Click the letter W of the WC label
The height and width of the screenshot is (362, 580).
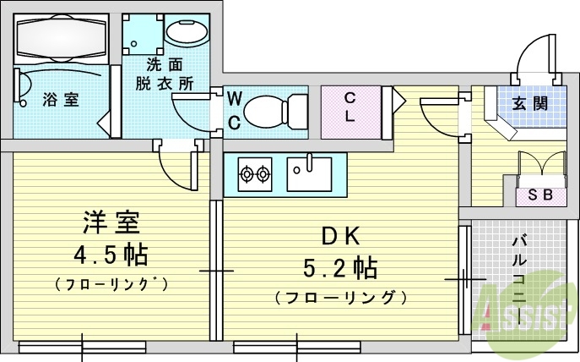click(236, 100)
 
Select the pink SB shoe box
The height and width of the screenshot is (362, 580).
click(540, 194)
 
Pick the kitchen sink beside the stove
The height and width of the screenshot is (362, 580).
click(312, 174)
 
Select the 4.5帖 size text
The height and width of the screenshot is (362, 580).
click(111, 254)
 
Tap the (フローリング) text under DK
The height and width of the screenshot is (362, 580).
click(340, 298)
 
